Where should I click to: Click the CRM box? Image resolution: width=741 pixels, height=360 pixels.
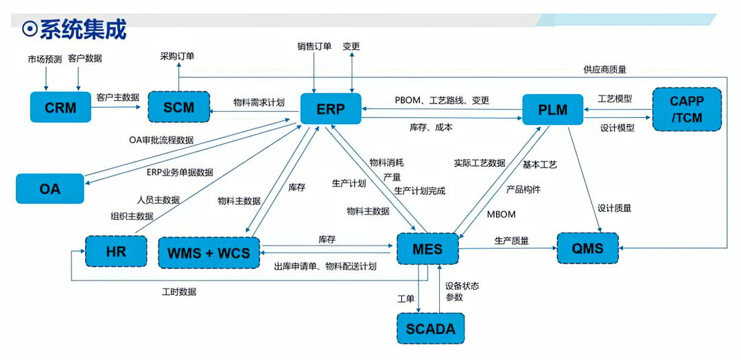coord(60,108)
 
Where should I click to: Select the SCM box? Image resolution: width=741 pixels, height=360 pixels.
coord(179,108)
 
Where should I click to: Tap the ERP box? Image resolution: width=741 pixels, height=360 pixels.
coord(331,109)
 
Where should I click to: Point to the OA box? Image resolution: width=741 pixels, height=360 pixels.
coord(50,188)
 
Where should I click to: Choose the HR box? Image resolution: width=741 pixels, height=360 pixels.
coord(116,252)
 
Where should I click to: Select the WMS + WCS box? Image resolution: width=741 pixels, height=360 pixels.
coord(209,253)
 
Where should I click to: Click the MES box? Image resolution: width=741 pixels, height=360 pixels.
coord(427,249)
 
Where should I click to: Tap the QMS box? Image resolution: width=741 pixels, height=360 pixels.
coord(588,249)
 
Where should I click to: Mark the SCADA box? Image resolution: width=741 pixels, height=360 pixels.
coord(430,328)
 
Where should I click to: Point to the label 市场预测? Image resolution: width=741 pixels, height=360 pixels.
coord(43,59)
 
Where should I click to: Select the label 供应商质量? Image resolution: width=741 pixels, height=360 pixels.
coord(604,69)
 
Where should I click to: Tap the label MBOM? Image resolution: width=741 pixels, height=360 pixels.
coord(501,214)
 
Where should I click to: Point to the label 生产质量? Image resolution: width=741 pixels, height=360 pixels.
coord(511,241)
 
